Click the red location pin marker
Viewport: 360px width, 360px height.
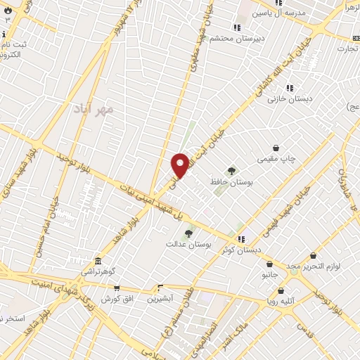(x=180, y=165)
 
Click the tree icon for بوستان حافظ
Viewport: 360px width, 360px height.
(x=231, y=170)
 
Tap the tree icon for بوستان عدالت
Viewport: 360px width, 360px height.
(x=188, y=233)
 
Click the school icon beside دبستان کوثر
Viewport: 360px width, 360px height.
(x=242, y=239)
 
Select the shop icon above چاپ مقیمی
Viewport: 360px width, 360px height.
(x=277, y=148)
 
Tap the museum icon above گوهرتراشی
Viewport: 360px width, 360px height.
(x=97, y=260)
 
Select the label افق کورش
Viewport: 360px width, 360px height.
(x=117, y=299)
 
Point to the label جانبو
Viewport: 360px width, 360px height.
(x=271, y=274)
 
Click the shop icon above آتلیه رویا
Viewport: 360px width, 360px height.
(x=281, y=290)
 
